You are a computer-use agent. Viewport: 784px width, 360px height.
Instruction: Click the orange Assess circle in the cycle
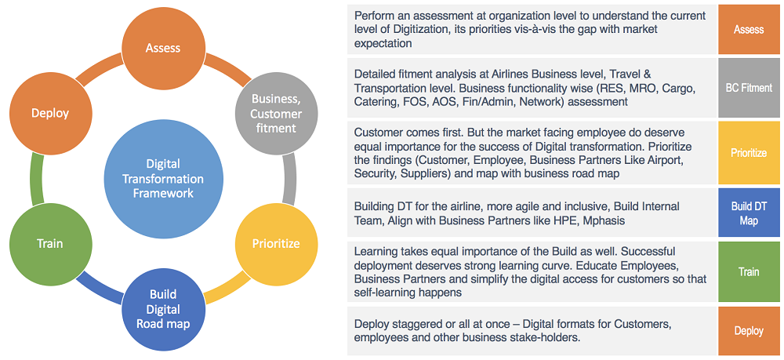(x=163, y=49)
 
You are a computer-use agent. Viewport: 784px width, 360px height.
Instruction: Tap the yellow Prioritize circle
(x=275, y=243)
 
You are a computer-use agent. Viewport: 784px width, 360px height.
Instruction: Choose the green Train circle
(x=49, y=243)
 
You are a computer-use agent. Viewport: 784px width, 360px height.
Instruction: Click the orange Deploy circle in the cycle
(x=50, y=113)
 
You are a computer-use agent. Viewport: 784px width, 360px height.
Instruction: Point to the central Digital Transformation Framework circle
(x=163, y=178)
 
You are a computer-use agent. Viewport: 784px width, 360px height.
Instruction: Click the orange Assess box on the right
(x=748, y=30)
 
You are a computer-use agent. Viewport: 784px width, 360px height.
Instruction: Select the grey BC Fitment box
(x=748, y=88)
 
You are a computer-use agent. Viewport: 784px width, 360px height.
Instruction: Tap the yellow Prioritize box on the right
(x=748, y=153)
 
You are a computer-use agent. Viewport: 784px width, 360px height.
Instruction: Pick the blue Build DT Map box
(x=748, y=213)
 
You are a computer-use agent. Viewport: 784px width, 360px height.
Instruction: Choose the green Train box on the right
(x=748, y=272)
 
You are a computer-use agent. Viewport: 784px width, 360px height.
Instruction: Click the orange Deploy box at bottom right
(x=748, y=331)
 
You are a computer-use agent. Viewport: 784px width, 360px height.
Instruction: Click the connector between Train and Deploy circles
(x=34, y=178)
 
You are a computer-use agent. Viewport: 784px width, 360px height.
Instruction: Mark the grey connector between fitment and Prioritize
(x=289, y=178)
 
